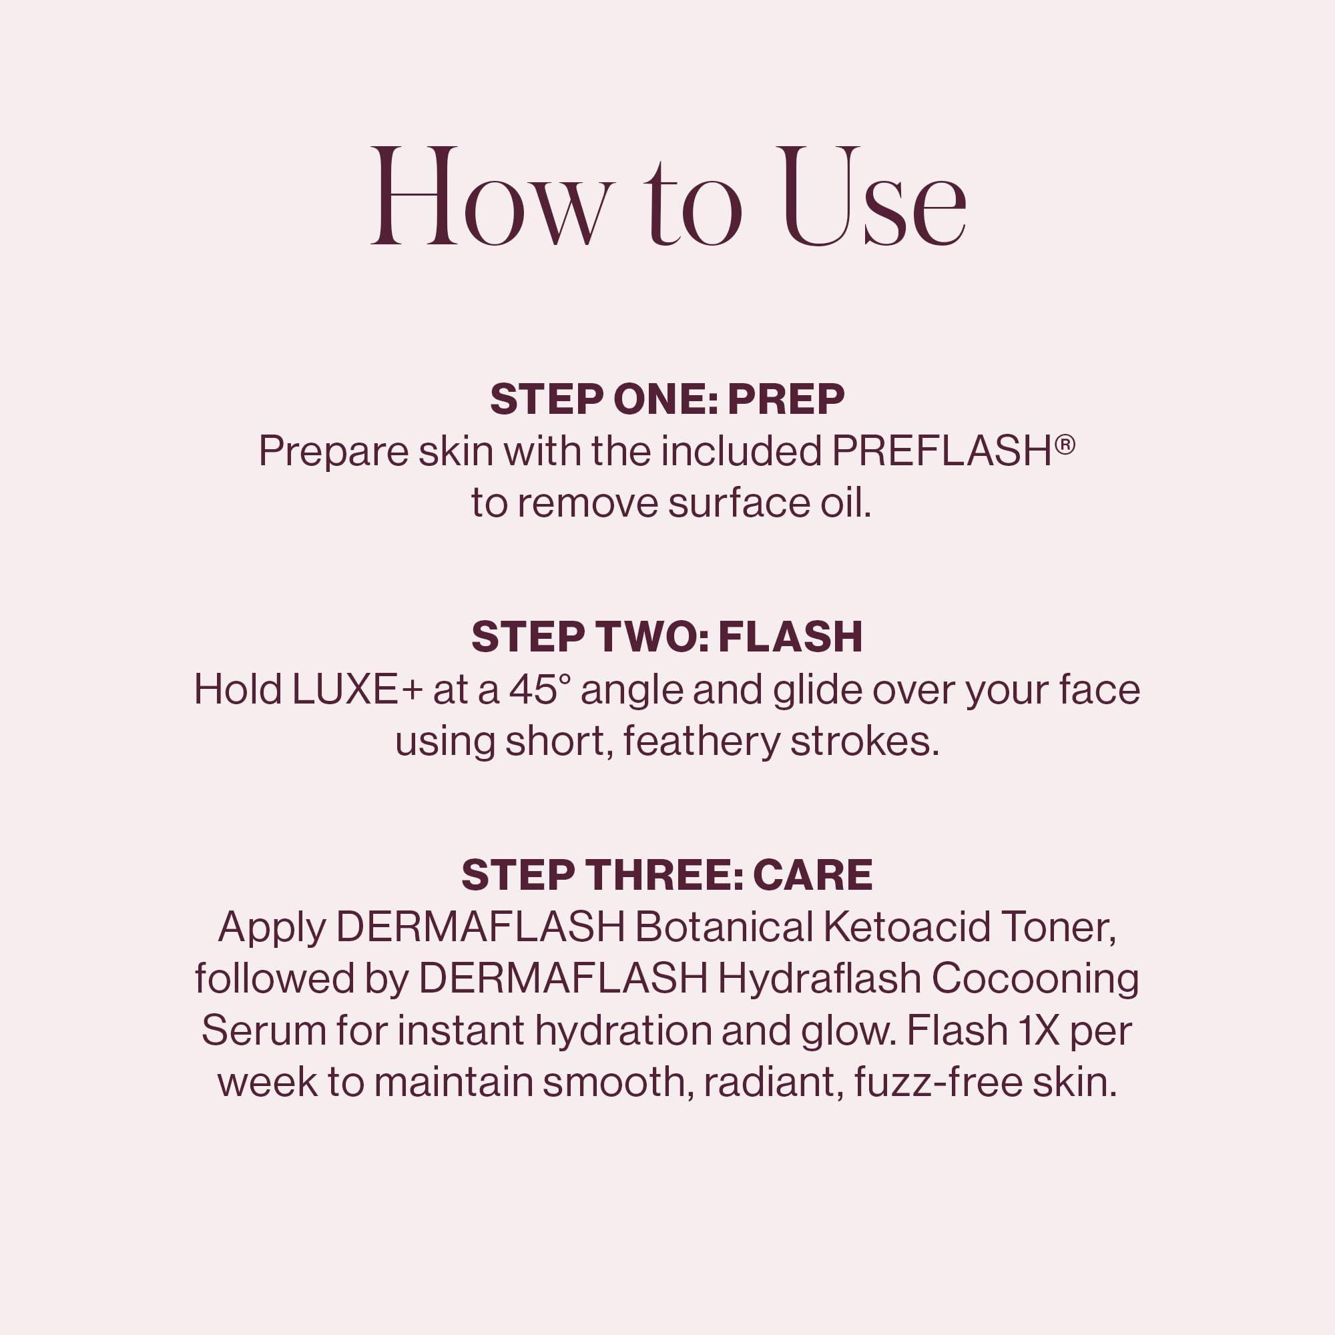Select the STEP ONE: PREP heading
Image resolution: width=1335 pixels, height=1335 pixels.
[667, 399]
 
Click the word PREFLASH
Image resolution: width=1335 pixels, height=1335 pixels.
[942, 452]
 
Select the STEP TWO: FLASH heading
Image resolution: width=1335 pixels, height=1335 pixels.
[667, 637]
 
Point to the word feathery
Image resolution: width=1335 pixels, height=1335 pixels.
[701, 742]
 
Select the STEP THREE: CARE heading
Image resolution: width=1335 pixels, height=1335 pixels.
[667, 875]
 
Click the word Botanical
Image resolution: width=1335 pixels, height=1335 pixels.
[723, 927]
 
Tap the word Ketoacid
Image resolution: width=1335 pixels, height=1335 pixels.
[906, 927]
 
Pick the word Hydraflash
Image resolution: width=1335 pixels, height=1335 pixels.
[820, 980]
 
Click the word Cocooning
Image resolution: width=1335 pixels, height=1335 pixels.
[1035, 980]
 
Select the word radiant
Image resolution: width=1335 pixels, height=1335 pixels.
[772, 1083]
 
